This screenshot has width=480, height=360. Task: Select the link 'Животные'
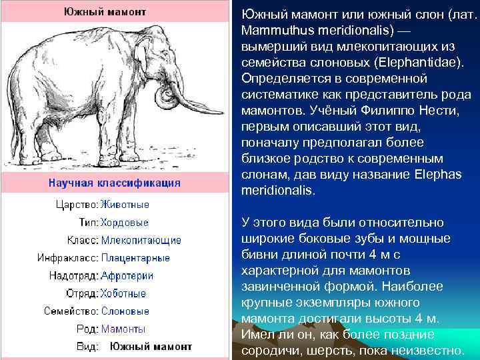(x=125, y=204)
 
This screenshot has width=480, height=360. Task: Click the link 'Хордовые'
(x=125, y=222)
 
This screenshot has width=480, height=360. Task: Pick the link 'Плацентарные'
(x=135, y=258)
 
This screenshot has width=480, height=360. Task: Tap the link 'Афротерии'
(x=127, y=275)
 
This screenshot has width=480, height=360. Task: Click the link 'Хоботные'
(x=123, y=293)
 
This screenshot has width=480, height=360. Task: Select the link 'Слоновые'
(x=125, y=311)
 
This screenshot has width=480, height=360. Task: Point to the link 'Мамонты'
(x=123, y=329)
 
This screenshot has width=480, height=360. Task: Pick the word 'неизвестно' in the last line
(x=429, y=350)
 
